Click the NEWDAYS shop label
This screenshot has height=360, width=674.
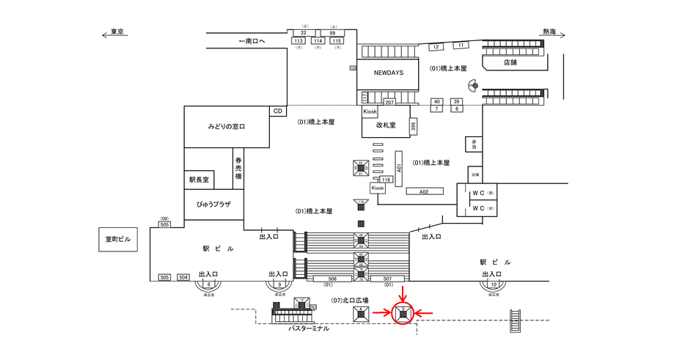(x=389, y=73)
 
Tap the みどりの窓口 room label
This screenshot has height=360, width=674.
(x=226, y=127)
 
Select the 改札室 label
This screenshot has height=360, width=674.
(x=386, y=125)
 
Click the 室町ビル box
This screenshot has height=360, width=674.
(x=117, y=239)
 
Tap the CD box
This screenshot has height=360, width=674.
(x=278, y=111)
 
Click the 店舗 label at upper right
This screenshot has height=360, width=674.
(x=510, y=62)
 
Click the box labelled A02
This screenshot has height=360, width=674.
(x=424, y=191)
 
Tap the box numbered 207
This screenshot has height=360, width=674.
(x=390, y=102)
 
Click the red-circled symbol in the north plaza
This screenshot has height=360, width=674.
(x=403, y=314)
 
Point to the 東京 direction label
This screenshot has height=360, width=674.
(x=117, y=32)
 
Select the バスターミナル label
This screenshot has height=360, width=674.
(x=309, y=328)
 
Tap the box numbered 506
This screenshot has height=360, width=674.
(x=331, y=279)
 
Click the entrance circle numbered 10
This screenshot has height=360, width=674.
(x=494, y=284)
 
